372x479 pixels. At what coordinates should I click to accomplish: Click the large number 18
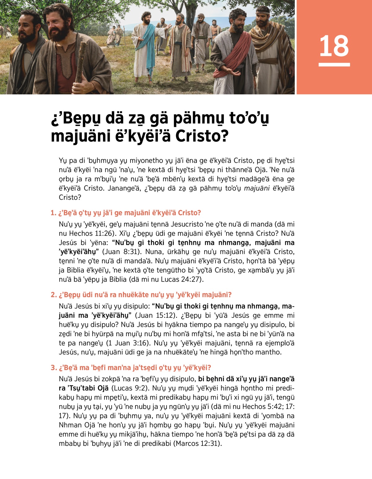[334, 46]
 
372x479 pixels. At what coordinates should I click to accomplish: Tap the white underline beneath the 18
[334, 65]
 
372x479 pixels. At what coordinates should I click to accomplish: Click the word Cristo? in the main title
[202, 136]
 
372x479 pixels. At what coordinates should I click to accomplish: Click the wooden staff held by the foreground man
[81, 62]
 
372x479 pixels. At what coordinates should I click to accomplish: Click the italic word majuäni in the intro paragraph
[257, 188]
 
